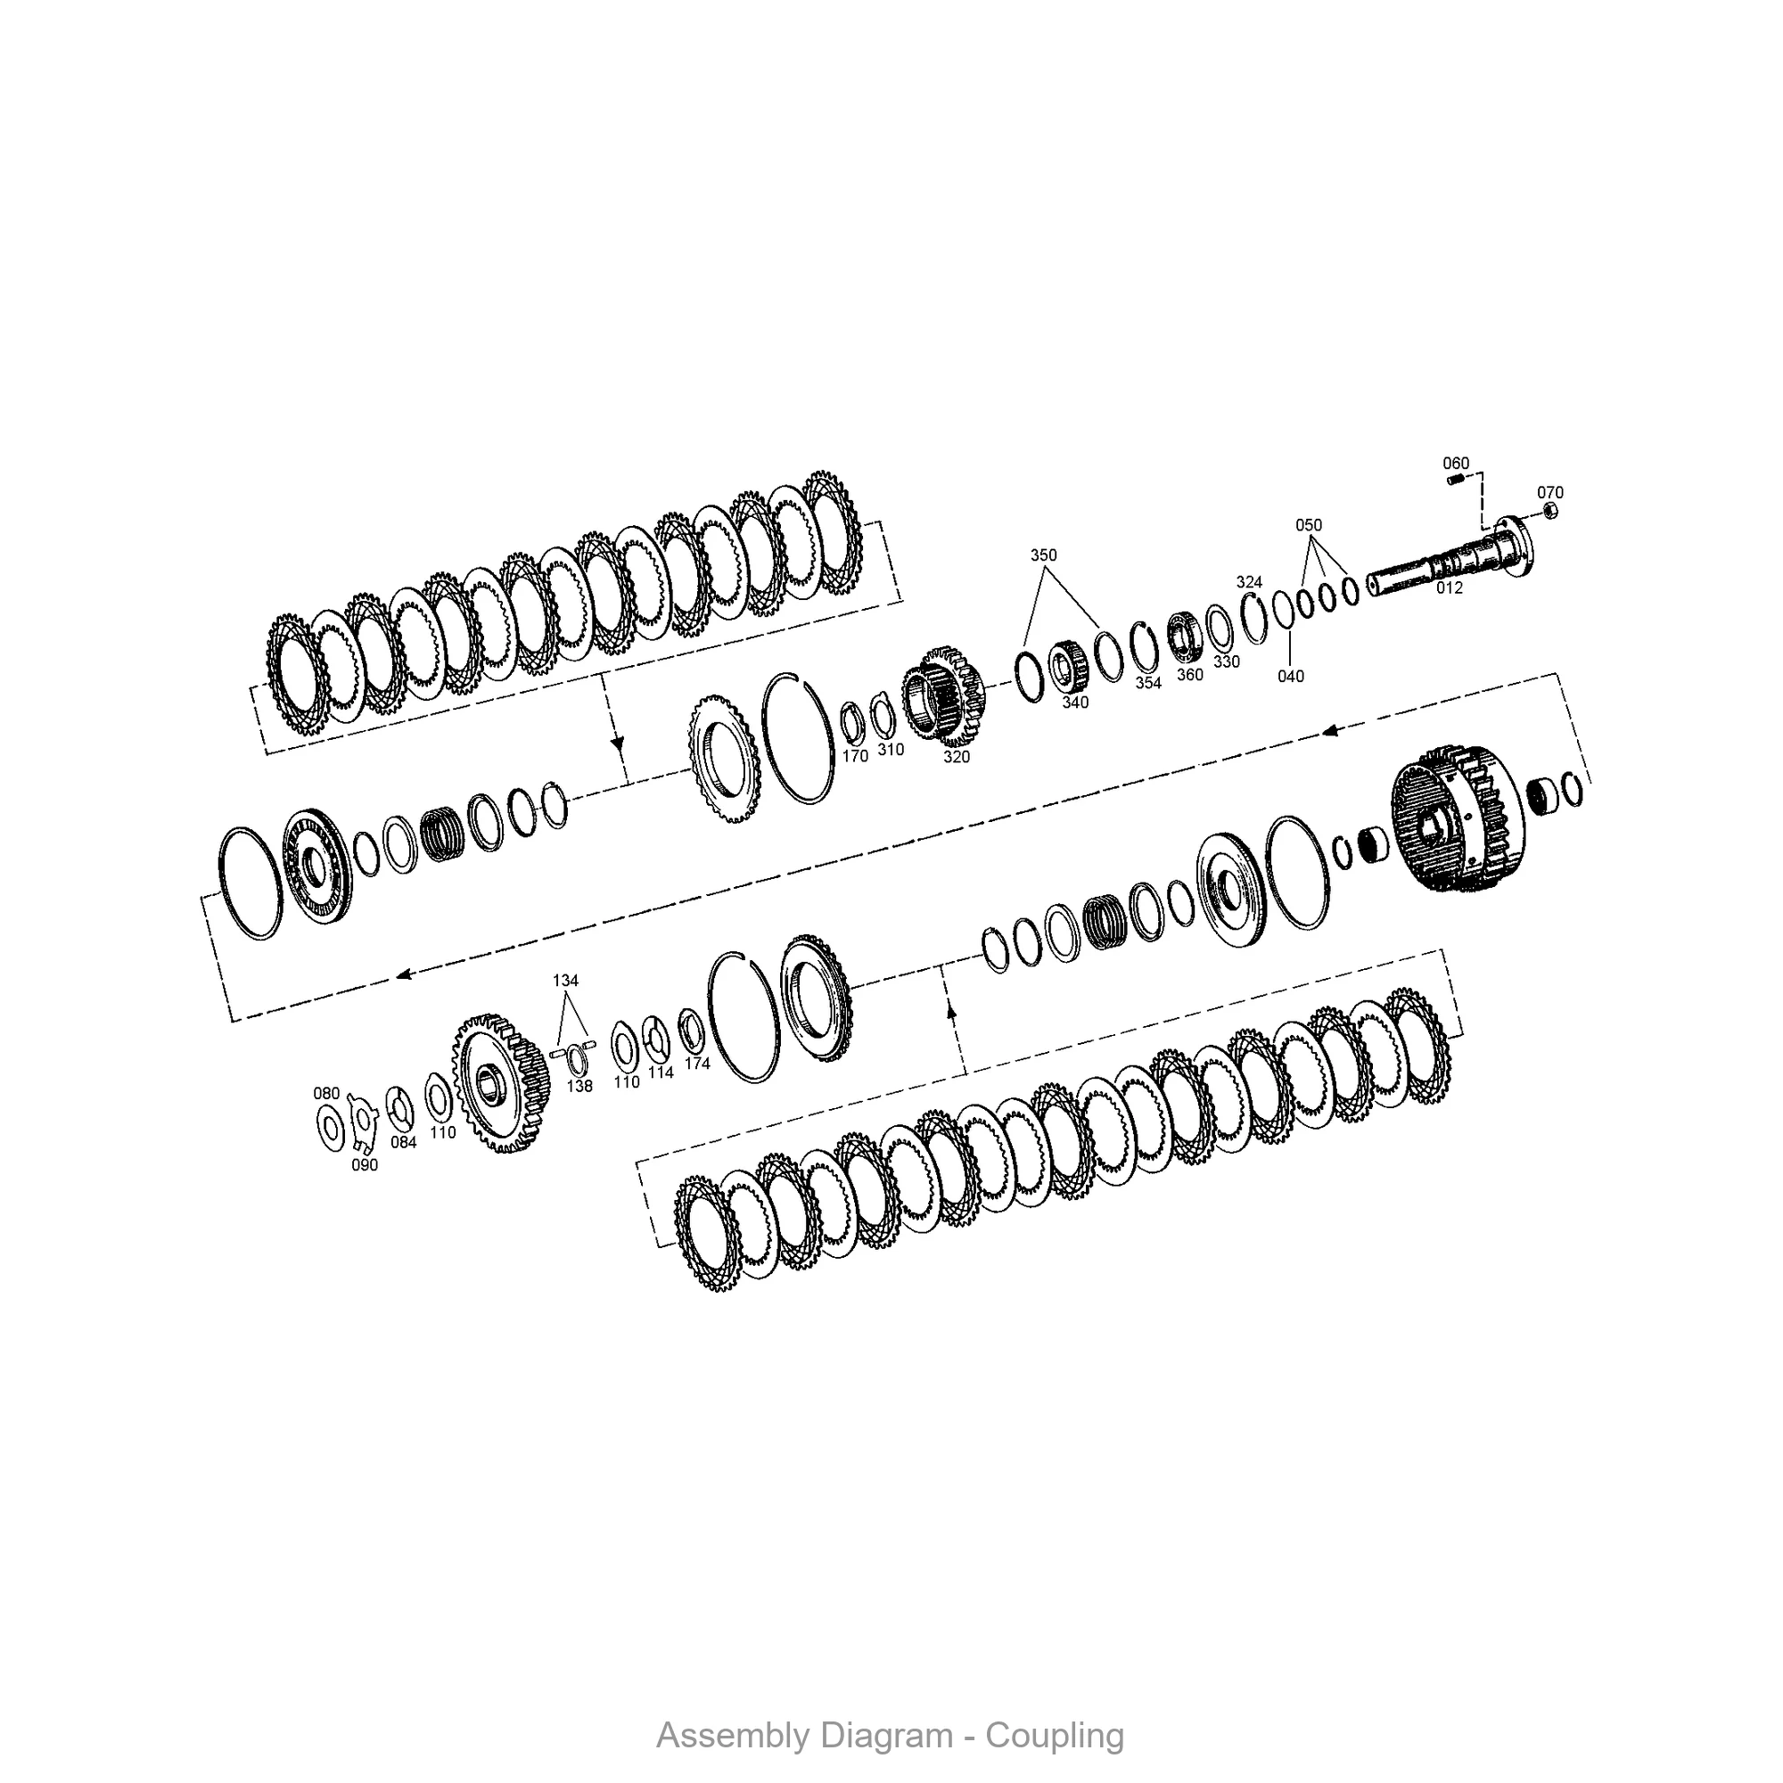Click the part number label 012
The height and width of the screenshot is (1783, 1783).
[x=1449, y=587]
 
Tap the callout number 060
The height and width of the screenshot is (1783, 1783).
[x=1456, y=464]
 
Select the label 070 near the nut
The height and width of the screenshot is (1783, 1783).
[x=1550, y=493]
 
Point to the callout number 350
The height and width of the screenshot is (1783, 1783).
[x=1044, y=555]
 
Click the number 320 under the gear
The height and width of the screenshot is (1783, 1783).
[x=956, y=757]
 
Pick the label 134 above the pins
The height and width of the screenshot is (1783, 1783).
[x=566, y=981]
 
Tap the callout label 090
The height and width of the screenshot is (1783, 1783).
[x=365, y=1165]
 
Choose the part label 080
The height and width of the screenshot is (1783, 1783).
[x=326, y=1094]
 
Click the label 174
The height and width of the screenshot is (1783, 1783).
[x=697, y=1064]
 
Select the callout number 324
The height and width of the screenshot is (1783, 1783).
[x=1249, y=582]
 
